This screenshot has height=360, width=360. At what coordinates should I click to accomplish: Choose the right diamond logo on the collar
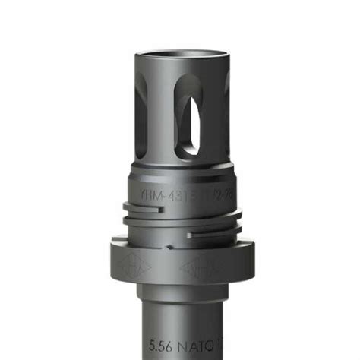coord(196,268)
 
